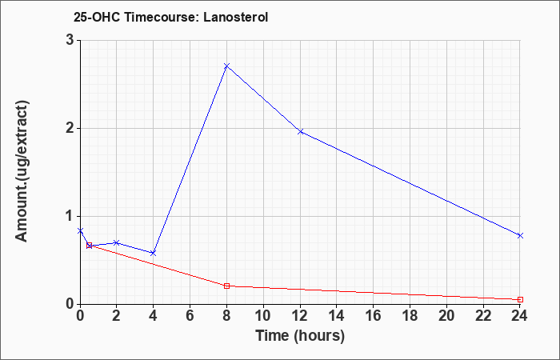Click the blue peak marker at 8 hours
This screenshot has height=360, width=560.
[x=226, y=66]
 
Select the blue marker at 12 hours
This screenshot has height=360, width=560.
[x=300, y=131]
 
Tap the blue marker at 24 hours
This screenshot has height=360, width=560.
[x=520, y=235]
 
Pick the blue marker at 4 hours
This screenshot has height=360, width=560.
[x=154, y=253]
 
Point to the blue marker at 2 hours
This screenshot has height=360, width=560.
[x=116, y=243]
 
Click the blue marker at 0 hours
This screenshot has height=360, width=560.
[x=80, y=230]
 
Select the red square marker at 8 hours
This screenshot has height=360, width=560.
[x=226, y=286]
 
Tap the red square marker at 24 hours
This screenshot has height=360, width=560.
[x=520, y=299]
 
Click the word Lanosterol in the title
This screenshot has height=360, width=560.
[x=236, y=17]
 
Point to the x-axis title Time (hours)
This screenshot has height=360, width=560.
[x=300, y=336]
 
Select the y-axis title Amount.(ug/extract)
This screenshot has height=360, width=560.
[x=22, y=171]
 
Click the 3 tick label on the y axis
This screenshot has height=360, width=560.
[x=70, y=40]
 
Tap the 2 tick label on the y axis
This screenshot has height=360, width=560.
[x=70, y=128]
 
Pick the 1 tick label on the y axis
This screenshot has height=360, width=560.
[x=70, y=216]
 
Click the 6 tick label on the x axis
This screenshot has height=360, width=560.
[x=190, y=316]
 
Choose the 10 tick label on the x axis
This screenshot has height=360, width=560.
[x=263, y=316]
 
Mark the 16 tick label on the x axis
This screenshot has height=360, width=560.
[x=374, y=316]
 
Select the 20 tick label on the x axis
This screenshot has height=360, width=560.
[x=446, y=316]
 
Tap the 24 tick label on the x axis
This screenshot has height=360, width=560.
[x=520, y=316]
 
